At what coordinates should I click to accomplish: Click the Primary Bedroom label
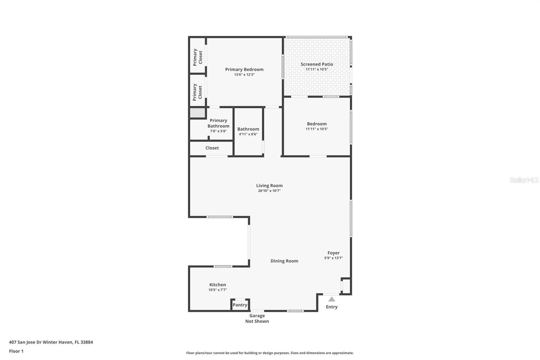244,70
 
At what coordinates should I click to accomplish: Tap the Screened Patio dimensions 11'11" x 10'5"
317,69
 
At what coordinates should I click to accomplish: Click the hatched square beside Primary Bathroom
197,112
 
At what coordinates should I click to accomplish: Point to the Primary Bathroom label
218,123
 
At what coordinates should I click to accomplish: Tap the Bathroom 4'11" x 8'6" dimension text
248,134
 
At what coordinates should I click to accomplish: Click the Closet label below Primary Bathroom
212,148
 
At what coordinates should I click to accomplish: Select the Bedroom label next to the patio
317,124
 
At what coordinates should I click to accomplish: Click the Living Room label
269,185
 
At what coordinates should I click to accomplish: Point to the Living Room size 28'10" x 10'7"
269,191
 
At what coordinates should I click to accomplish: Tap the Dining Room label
284,261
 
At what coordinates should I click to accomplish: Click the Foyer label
333,253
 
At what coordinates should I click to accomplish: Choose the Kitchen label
217,285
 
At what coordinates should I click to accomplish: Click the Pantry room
240,305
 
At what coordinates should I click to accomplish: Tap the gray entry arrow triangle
332,299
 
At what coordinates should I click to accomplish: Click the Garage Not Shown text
257,318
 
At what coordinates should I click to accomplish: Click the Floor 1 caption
16,351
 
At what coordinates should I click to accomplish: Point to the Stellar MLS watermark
524,180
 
